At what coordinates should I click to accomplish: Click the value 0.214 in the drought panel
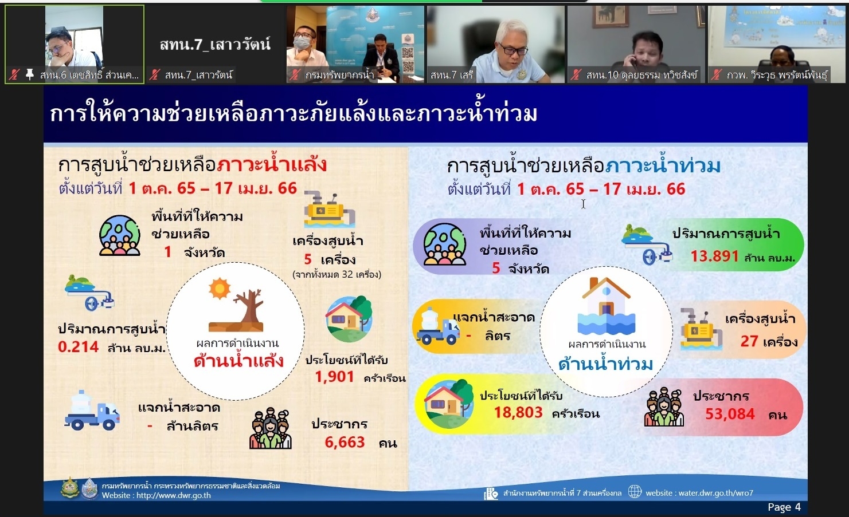pos(78,347)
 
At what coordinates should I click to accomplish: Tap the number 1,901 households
pos(335,377)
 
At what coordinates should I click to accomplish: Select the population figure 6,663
pos(345,442)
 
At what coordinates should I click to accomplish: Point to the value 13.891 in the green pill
pos(714,256)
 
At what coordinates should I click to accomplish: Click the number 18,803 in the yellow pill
pos(518,412)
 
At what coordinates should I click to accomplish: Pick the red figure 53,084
pos(730,414)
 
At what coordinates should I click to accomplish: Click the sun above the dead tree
pos(220,289)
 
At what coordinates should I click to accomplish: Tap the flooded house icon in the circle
pos(606,306)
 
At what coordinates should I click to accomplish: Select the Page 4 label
pos(784,507)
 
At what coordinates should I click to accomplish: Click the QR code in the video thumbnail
pos(408,60)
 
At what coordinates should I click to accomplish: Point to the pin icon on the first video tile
pos(30,74)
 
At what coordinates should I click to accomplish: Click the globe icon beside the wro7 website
pos(635,492)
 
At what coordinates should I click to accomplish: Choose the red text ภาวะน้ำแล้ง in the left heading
pos(271,165)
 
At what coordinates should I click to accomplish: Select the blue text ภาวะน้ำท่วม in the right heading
pos(663,166)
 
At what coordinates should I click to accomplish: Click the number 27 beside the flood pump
pos(749,341)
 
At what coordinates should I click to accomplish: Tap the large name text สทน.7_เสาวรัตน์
pos(216,44)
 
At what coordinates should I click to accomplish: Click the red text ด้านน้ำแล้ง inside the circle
pos(238,361)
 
